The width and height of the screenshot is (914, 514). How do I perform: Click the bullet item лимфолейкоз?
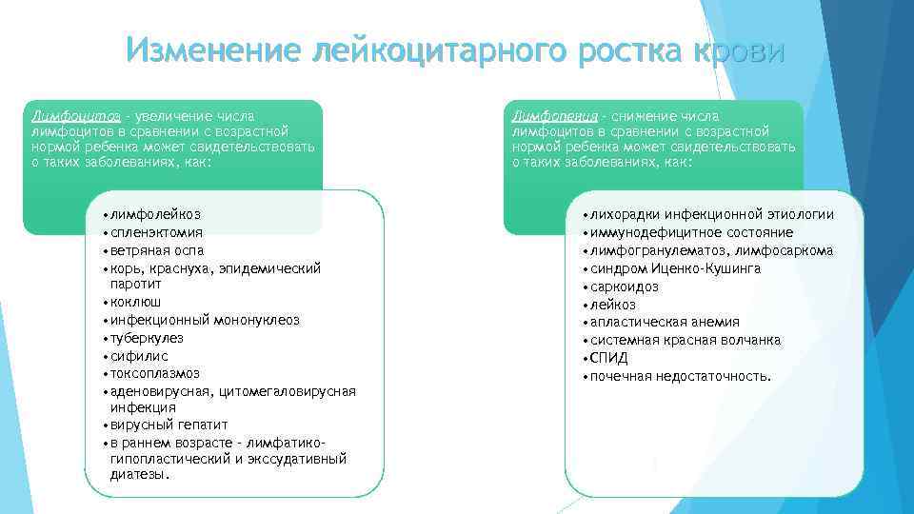(x=155, y=215)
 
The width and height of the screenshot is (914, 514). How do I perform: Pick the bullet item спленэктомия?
(x=156, y=232)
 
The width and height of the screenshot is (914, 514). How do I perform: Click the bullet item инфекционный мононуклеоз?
(x=205, y=320)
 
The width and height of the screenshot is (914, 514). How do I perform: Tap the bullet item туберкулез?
(x=147, y=338)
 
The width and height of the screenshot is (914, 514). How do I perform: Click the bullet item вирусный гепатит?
(x=169, y=425)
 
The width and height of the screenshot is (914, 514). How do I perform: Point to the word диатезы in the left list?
(x=139, y=474)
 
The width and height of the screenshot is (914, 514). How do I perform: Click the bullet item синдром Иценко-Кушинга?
(x=675, y=268)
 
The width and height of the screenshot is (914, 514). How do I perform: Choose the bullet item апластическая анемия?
(x=665, y=322)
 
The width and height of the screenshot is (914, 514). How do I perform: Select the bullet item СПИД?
(x=608, y=358)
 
